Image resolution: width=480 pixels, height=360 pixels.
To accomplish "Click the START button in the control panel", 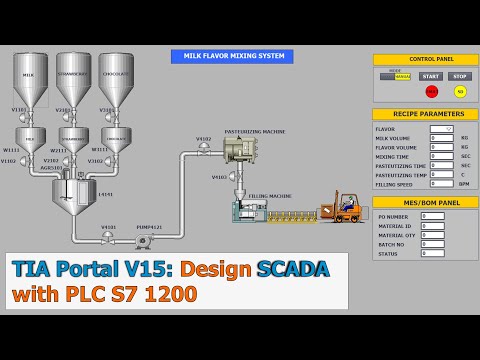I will (x=431, y=76).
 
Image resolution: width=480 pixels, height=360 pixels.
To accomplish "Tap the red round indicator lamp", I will (x=432, y=92).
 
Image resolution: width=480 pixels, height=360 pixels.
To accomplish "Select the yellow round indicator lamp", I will (x=460, y=92).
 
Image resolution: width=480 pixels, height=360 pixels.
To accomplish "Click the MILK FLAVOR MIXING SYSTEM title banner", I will (x=232, y=57).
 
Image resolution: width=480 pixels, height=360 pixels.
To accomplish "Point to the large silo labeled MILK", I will (x=30, y=78).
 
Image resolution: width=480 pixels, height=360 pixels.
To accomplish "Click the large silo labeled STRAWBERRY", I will (x=73, y=78).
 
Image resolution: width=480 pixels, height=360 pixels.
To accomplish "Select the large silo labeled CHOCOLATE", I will (x=116, y=78).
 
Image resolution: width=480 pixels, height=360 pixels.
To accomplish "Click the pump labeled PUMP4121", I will (x=143, y=240).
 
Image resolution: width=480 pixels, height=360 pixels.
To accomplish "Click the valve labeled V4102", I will (x=204, y=148).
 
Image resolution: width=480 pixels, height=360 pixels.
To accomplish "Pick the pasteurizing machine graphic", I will (x=240, y=150).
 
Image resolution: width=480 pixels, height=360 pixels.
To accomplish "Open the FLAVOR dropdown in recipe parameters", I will (x=442, y=129).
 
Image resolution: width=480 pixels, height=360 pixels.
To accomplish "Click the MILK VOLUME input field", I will (x=442, y=138).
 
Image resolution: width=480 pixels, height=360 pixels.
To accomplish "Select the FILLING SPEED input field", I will (x=442, y=184).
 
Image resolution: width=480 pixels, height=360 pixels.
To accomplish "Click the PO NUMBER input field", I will (x=432, y=216).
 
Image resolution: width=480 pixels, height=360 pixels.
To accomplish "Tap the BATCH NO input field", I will (x=432, y=243).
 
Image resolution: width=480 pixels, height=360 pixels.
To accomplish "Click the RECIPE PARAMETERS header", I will (x=425, y=114).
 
